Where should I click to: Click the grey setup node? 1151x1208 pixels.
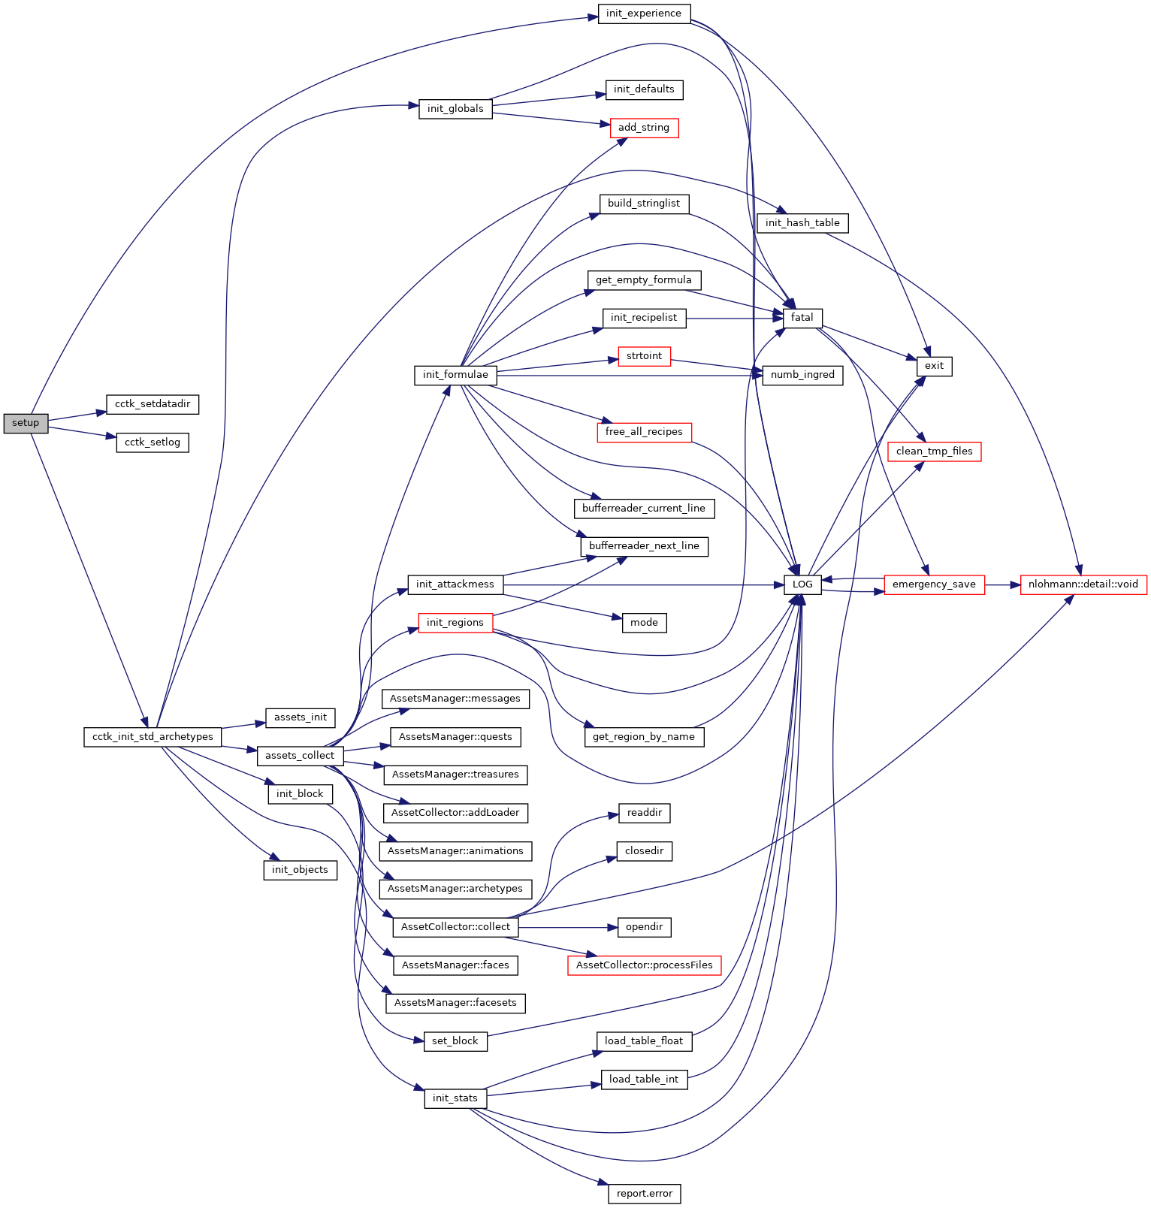tap(25, 423)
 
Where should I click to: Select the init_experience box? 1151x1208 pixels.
tap(644, 14)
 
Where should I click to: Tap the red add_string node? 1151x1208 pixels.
tap(644, 128)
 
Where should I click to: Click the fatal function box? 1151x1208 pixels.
tap(802, 318)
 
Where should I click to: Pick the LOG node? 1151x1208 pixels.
tap(802, 584)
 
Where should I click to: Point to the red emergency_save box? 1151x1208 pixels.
tap(934, 584)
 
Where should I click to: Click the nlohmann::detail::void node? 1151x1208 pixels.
tap(1083, 584)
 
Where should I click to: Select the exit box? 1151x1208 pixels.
tap(934, 366)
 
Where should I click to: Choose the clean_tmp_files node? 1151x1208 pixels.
tap(934, 451)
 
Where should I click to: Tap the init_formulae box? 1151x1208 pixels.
tap(455, 375)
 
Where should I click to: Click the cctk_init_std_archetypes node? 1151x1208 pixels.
tap(153, 737)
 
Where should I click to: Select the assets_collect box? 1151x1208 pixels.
tap(300, 756)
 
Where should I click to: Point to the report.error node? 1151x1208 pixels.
tap(644, 1194)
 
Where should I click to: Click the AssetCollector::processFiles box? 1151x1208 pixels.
tap(644, 965)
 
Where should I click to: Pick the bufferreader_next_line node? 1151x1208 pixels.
tap(644, 546)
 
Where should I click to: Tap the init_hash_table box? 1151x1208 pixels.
tap(802, 223)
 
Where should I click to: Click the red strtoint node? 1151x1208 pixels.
tap(644, 356)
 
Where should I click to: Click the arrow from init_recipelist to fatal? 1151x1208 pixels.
tap(733, 319)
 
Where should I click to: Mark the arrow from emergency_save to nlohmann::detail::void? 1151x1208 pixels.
tap(1002, 584)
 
